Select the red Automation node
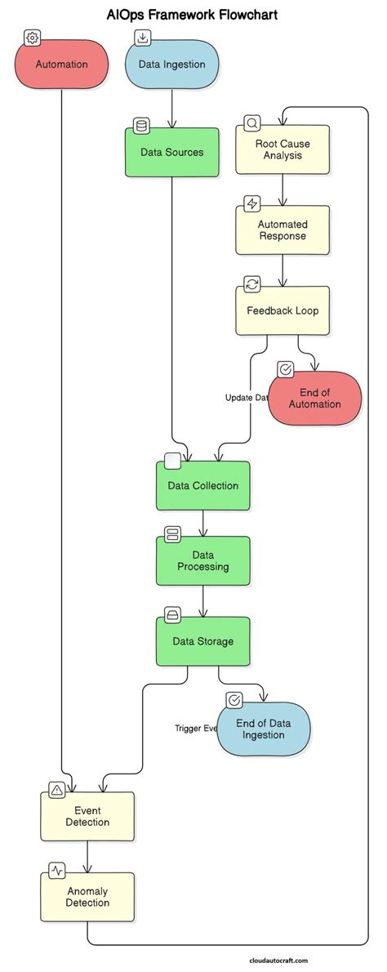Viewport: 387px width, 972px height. (61, 64)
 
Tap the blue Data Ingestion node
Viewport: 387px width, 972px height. (171, 64)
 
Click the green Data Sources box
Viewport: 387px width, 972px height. (171, 152)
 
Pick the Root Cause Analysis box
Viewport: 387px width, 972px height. (282, 149)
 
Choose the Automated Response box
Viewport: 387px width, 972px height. (282, 230)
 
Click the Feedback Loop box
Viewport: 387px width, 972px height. (282, 310)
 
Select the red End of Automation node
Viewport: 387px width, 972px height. (314, 399)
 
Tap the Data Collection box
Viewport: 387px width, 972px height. (203, 486)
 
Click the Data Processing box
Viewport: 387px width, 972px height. (203, 560)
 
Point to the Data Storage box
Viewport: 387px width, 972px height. (203, 641)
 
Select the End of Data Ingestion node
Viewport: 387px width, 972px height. (263, 729)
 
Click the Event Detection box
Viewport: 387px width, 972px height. (87, 816)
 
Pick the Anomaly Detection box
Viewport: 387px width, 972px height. (87, 897)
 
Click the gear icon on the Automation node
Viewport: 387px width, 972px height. (33, 38)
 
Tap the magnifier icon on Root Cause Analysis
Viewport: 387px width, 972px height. (252, 123)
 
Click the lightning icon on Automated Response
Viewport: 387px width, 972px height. (252, 203)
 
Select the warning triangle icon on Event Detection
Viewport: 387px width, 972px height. (56, 789)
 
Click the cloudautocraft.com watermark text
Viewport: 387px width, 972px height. (279, 961)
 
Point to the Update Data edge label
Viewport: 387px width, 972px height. (247, 398)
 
